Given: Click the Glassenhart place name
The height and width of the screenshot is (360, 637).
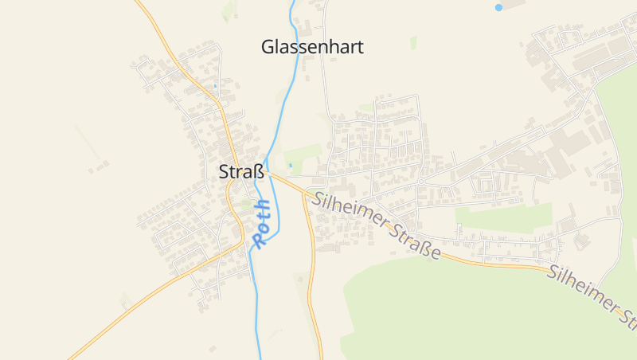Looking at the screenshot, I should click(312, 47).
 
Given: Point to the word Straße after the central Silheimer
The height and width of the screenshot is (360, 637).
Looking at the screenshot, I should click(415, 243).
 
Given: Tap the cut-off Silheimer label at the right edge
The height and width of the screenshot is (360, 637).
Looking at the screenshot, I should click(592, 295).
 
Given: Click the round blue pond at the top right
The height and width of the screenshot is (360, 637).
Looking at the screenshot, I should click(498, 7).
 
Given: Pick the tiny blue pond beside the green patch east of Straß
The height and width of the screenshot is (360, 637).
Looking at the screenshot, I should click(291, 165).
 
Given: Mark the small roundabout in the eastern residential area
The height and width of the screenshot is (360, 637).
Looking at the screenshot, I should click(420, 182).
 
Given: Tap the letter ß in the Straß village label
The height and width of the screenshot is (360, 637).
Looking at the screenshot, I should click(258, 171).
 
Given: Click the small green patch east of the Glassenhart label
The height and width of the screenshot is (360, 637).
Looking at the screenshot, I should click(413, 42).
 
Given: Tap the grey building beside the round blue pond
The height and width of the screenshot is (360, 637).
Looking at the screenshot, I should click(514, 5).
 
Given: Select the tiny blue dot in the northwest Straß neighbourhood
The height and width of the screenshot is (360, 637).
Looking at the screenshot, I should click(215, 85).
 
